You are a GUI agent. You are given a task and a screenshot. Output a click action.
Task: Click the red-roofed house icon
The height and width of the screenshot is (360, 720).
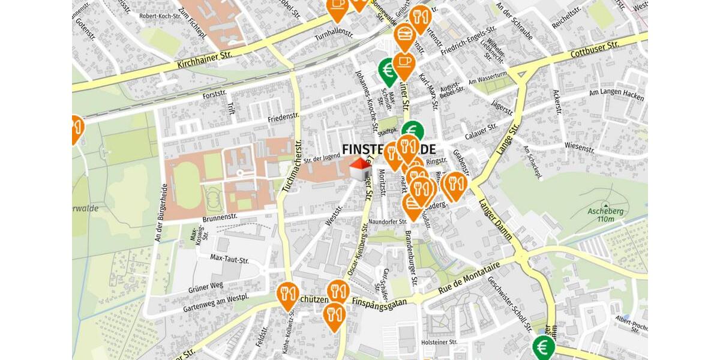[359, 169]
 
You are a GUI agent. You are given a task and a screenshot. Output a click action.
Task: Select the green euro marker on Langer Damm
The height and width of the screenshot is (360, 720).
[544, 347]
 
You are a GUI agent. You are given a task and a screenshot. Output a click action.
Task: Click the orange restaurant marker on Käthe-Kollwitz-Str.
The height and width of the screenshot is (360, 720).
[289, 294]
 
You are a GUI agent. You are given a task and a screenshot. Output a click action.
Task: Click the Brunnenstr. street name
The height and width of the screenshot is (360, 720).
[221, 219]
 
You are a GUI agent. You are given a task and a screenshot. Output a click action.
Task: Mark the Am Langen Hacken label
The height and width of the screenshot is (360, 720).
[616, 95]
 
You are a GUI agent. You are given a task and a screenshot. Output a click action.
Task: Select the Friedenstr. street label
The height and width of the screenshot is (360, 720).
[283, 118]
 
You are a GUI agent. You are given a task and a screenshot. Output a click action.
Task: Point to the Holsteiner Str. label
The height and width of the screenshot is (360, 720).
[439, 342]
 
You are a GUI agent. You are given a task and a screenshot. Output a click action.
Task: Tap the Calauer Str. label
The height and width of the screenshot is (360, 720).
[481, 127]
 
